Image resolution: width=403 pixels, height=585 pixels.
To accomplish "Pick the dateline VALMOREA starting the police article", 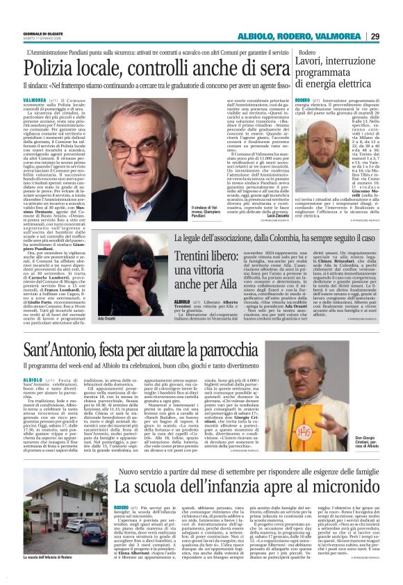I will [x=35, y=101].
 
